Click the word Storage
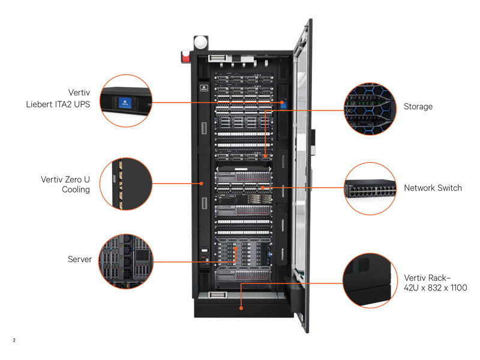[418, 106]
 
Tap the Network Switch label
[433, 188]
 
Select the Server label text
[80, 259]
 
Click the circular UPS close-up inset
[125, 101]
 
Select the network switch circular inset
[370, 188]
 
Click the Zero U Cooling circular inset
[125, 184]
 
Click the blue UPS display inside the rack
[282, 103]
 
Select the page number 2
[14, 341]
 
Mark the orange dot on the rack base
[241, 308]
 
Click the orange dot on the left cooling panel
[202, 184]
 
